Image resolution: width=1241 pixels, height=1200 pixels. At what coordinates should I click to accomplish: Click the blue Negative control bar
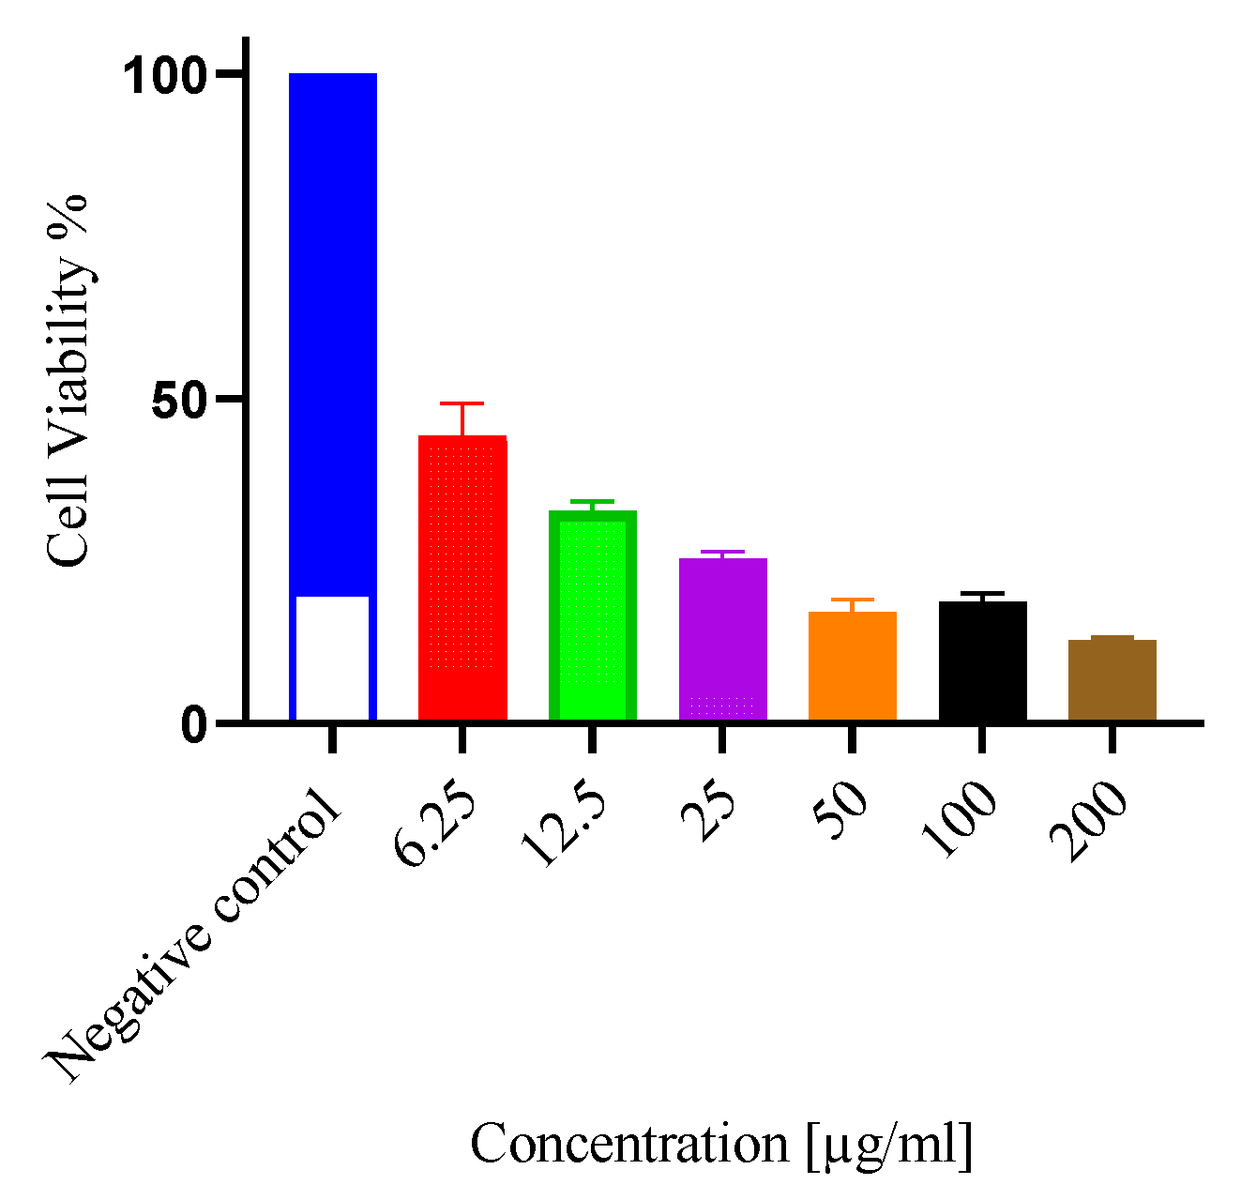pos(332,328)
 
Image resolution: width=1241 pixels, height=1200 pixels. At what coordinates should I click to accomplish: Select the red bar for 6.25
pos(462,578)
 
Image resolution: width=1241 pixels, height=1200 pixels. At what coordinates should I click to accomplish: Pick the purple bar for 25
pos(722,639)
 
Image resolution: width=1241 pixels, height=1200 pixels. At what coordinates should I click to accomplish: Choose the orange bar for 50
pos(852,665)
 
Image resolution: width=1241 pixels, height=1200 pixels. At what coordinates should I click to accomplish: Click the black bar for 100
pos(982,661)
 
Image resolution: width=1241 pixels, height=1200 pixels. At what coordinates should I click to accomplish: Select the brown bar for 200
pos(1112,679)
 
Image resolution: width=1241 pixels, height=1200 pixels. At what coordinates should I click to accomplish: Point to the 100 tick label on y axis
pos(165,75)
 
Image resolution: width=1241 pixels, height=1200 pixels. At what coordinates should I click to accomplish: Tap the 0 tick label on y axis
pos(194,724)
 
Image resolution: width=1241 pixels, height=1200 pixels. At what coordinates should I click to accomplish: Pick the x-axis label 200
pos(1088,821)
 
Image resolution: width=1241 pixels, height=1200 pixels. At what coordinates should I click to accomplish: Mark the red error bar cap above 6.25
pos(462,403)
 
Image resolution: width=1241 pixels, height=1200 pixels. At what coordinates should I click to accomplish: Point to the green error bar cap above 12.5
pos(592,501)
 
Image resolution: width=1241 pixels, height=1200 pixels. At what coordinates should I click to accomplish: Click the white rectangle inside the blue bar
pos(332,658)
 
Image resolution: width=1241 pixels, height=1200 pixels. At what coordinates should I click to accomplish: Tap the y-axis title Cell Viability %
pos(68,380)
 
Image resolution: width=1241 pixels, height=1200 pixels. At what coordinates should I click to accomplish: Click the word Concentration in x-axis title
pos(628,1145)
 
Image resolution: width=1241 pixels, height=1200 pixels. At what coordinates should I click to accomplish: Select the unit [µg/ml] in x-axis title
pos(888,1146)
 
